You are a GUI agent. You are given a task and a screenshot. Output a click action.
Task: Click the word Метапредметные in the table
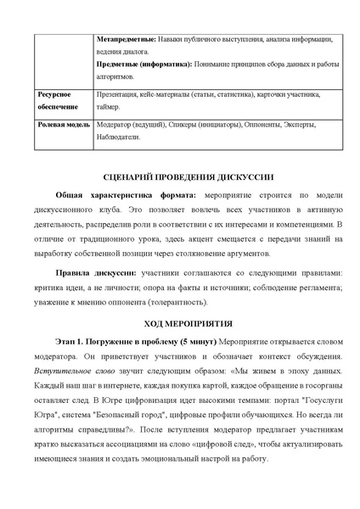(x=125, y=39)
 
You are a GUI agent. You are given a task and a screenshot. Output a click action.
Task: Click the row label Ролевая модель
(x=62, y=125)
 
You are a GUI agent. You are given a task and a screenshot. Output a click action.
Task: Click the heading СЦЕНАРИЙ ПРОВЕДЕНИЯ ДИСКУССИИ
(x=180, y=177)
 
